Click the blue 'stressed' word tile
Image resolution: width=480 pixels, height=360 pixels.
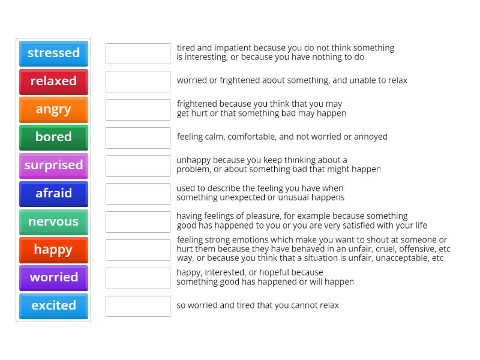(53, 53)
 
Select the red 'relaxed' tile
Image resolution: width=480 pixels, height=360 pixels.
(53, 81)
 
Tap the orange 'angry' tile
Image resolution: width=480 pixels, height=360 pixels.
(53, 109)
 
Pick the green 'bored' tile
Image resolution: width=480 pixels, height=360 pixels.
(53, 137)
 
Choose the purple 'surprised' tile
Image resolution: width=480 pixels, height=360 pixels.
(53, 165)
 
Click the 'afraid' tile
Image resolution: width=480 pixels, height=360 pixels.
(53, 193)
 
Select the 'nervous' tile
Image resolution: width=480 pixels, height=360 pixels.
(53, 221)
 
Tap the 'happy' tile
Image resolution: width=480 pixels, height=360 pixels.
(53, 250)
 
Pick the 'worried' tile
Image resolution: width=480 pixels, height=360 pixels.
(53, 277)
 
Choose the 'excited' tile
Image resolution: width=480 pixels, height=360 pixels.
(53, 305)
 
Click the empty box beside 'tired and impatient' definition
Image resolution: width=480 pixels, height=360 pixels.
(138, 53)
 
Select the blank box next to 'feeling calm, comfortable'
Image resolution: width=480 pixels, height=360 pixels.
(138, 137)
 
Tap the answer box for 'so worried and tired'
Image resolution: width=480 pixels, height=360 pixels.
(138, 306)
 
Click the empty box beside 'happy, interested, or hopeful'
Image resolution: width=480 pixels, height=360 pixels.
(138, 278)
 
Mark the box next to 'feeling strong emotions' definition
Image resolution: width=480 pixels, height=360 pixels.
(138, 250)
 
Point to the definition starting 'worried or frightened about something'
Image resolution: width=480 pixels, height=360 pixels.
(292, 80)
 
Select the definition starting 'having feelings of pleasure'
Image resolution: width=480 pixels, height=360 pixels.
(301, 221)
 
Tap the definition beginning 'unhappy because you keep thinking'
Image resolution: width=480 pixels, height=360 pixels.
(278, 165)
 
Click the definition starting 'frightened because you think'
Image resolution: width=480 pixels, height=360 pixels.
(261, 109)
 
